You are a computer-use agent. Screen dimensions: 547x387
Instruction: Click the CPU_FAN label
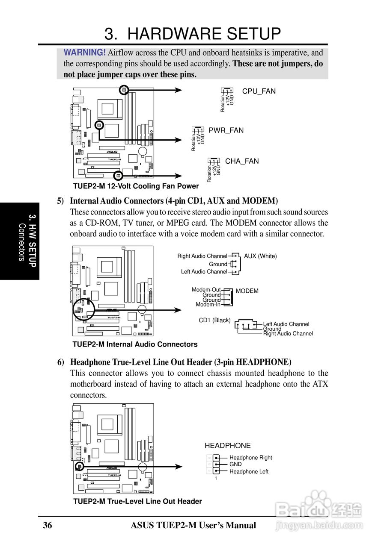coord(259,91)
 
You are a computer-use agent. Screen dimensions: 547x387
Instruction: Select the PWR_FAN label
coord(226,130)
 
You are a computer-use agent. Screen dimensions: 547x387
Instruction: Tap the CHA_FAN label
coord(242,161)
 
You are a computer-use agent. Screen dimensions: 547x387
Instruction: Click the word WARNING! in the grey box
coord(84,53)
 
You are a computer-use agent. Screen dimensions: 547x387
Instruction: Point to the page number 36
coord(48,526)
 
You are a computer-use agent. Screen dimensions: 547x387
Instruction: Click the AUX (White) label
coord(260,256)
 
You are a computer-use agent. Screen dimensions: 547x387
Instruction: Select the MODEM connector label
coord(247,291)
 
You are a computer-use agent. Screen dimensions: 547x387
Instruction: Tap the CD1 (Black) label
coord(214,320)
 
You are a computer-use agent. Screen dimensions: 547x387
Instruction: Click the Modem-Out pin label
coord(206,290)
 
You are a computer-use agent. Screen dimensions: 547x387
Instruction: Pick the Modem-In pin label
coord(208,305)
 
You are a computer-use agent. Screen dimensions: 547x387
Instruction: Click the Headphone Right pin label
coord(250,458)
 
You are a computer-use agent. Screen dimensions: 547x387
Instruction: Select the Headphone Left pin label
coord(249,472)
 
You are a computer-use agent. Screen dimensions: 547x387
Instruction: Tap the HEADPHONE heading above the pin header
coord(227,446)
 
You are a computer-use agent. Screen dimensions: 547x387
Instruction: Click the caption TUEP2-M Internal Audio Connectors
coord(135,344)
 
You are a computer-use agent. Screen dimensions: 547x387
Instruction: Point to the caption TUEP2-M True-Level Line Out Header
coord(137,501)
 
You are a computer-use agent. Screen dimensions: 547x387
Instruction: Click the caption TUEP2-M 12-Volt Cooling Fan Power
coord(136,186)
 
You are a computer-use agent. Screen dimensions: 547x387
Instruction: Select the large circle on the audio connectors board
coord(83,309)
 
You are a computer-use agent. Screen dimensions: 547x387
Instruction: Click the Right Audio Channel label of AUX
coord(202,256)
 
